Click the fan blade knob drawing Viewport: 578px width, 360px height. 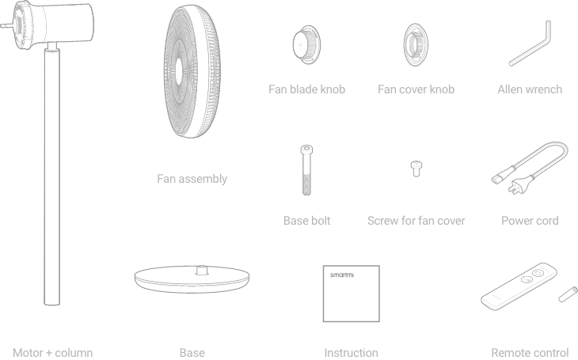[x=306, y=44]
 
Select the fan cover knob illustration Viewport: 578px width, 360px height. [x=416, y=44]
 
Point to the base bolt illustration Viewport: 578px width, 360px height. [x=306, y=170]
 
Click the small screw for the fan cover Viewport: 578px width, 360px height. [x=416, y=169]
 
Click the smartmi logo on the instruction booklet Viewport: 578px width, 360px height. [x=342, y=275]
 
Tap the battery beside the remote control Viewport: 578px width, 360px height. [x=568, y=294]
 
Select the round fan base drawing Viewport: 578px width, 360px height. [x=192, y=279]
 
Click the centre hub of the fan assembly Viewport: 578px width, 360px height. [x=179, y=71]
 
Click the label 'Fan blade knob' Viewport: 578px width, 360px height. [x=306, y=89]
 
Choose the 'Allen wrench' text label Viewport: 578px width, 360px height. [x=530, y=89]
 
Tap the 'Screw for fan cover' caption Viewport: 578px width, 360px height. [x=416, y=221]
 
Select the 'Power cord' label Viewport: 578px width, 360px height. [x=530, y=221]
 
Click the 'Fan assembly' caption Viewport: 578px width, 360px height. [x=192, y=179]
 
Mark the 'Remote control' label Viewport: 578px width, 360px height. [x=530, y=353]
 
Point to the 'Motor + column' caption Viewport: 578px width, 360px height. [x=53, y=353]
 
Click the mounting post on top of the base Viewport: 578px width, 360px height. [x=202, y=270]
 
